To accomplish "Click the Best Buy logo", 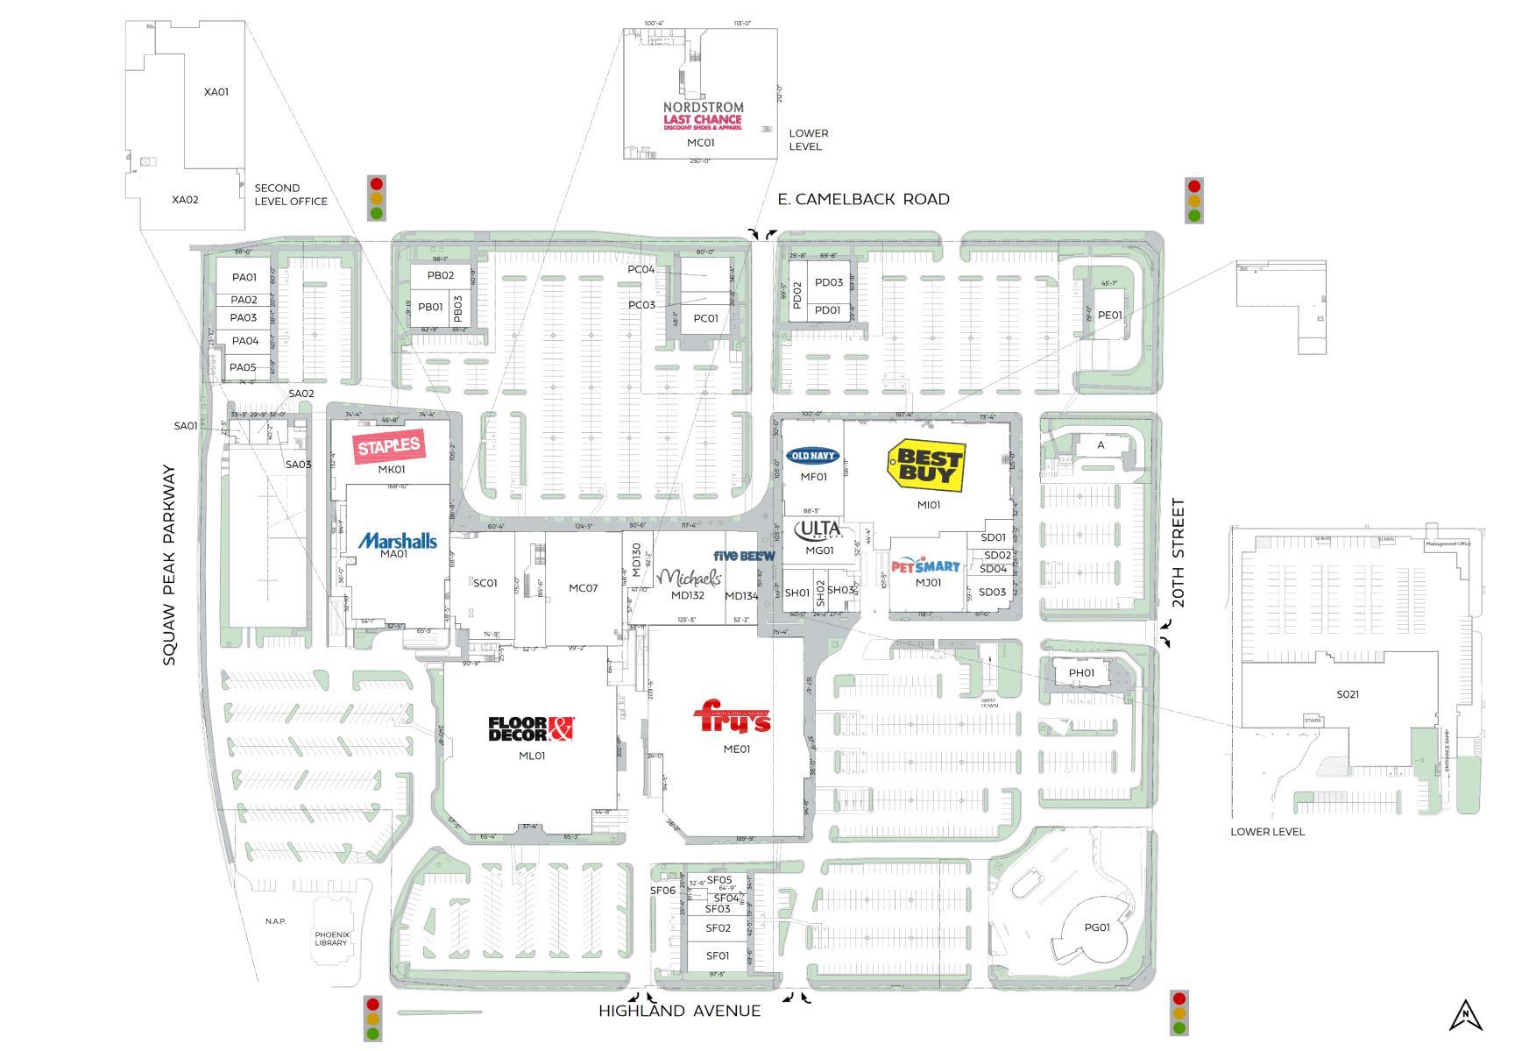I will click(926, 465).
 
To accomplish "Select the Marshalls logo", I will click(397, 540).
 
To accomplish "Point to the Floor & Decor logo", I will click(531, 728).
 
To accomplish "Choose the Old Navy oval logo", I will click(813, 456).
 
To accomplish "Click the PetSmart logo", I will click(925, 566).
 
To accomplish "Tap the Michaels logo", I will click(690, 578).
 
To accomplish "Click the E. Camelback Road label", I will click(863, 199).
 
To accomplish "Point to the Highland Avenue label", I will click(679, 1011).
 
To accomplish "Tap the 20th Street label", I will click(1178, 553).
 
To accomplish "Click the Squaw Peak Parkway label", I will click(169, 565).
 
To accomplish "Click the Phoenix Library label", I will click(332, 939).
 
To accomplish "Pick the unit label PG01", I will click(1096, 927).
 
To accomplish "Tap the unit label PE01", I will click(1109, 316).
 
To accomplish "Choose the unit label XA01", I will click(216, 92).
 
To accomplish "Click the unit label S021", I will click(1348, 694).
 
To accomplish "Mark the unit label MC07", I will click(583, 588).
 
